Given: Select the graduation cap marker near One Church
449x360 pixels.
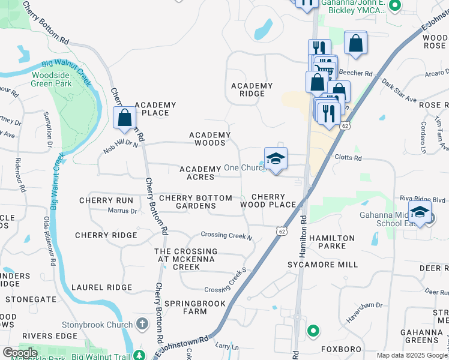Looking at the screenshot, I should coord(276,159).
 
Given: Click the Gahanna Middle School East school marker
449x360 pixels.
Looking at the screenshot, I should coord(420,212).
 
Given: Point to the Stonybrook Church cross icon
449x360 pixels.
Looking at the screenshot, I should coord(142,325).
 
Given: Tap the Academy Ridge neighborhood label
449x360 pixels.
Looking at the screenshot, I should coord(252,90).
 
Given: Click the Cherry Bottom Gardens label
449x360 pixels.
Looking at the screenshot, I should coord(195,202).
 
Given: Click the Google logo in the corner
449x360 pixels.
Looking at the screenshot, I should coord(20,353).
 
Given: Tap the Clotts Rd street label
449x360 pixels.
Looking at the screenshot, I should coord(349,158).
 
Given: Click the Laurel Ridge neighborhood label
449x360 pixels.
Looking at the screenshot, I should coord(101,288).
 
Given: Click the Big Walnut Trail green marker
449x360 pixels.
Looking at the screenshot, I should coord(140,355).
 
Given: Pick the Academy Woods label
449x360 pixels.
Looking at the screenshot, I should coord(209,139).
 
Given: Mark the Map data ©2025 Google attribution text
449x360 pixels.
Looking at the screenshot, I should coord(412,355).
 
